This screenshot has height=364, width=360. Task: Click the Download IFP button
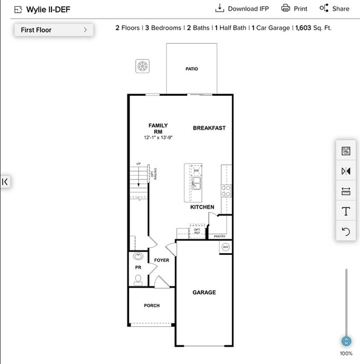click(x=241, y=8)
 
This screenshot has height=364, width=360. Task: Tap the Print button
click(x=294, y=8)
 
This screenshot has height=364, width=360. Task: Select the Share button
click(x=334, y=8)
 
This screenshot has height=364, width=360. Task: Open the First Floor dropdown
click(x=54, y=30)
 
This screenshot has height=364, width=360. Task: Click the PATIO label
click(x=192, y=69)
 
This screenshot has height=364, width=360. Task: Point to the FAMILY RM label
click(x=158, y=129)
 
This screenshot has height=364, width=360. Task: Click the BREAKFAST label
click(x=209, y=128)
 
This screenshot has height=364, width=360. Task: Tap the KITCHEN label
click(x=202, y=207)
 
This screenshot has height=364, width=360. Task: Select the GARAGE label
click(x=204, y=293)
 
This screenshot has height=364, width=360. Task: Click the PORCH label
click(x=151, y=306)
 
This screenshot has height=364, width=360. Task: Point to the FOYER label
click(x=161, y=260)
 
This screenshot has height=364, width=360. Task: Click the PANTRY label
click(x=220, y=237)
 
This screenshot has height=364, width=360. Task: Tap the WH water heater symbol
click(x=225, y=247)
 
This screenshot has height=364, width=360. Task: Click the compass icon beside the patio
click(x=143, y=66)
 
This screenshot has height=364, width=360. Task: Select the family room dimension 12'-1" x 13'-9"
click(x=158, y=137)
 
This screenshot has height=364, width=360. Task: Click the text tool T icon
click(x=346, y=211)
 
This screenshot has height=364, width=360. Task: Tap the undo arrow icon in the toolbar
click(x=346, y=231)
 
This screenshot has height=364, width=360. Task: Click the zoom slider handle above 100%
click(x=346, y=341)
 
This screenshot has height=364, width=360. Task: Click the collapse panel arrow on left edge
click(x=5, y=182)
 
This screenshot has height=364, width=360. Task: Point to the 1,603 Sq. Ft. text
click(x=313, y=28)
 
